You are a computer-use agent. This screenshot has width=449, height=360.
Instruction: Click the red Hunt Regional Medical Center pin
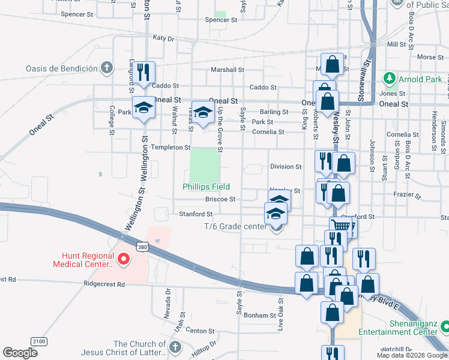click(124, 259)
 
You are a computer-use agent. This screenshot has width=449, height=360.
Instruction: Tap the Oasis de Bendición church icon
click(106, 67)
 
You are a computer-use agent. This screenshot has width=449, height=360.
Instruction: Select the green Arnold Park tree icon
click(390, 79)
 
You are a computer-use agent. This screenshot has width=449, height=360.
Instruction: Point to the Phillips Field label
click(206, 187)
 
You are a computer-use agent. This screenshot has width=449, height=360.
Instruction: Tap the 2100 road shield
click(38, 341)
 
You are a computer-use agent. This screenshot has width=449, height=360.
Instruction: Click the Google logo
click(20, 353)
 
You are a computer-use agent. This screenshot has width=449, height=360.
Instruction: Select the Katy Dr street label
click(163, 38)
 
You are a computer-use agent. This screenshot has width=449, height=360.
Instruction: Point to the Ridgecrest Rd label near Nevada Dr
click(104, 284)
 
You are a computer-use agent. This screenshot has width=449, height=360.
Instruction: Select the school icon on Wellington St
click(143, 107)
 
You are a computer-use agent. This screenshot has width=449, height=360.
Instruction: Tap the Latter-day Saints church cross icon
click(175, 347)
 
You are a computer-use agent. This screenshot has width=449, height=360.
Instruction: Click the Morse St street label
click(429, 58)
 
